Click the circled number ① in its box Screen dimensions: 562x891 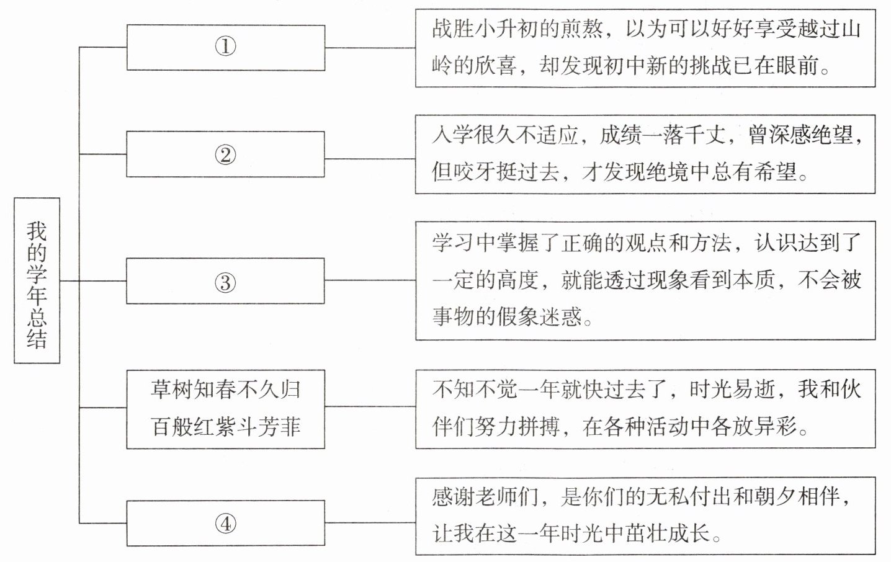(225, 47)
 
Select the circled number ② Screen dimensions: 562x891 (225, 154)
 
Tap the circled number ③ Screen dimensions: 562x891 (225, 282)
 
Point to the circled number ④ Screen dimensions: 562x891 (225, 524)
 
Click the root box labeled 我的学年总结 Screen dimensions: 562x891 (37, 280)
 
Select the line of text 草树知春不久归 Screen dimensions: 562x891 (225, 390)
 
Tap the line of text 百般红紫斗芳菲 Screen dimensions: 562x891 (225, 427)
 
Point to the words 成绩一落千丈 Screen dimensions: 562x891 (662, 135)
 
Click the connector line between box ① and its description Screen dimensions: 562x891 (370, 47)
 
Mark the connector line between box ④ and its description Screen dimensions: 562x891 (370, 523)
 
